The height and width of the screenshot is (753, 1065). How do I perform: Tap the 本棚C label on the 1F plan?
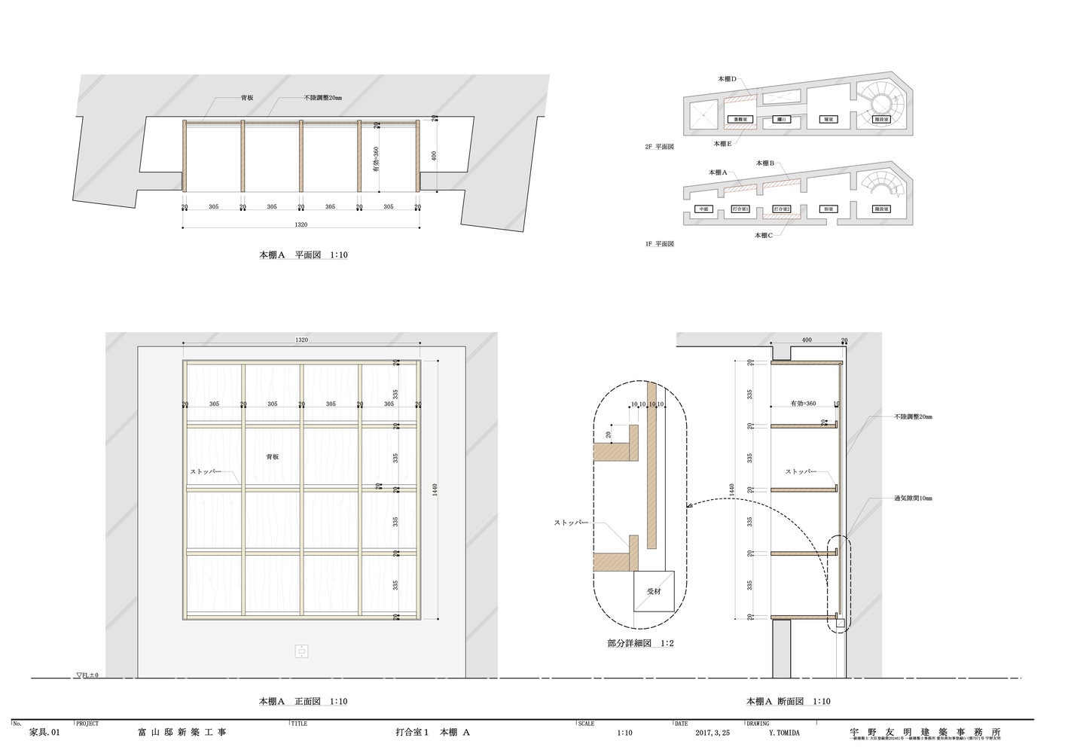coord(765,235)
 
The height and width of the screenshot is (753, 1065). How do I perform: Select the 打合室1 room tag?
coord(740,209)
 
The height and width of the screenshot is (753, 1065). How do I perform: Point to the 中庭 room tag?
coord(703,209)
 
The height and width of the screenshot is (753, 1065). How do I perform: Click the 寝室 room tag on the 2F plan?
coord(828,120)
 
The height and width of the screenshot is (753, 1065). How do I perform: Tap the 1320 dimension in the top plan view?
coord(301,224)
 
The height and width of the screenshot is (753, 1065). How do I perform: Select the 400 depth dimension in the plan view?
coord(434,156)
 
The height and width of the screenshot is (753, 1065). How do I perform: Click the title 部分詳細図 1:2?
coord(640,644)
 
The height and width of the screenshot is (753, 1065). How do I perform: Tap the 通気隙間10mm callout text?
coord(913,498)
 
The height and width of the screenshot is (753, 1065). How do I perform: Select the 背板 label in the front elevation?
coord(272,457)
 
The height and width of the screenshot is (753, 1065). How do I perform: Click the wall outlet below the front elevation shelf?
coord(301,651)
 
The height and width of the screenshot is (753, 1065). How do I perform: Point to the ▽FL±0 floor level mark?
coord(87,675)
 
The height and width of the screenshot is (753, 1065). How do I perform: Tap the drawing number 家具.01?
coord(44,732)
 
